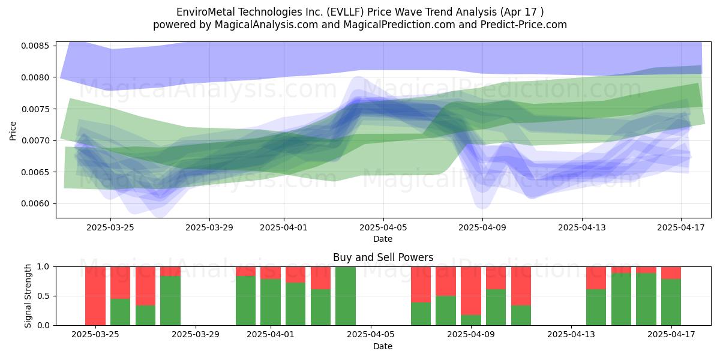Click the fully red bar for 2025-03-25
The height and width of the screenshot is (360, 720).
coord(95,296)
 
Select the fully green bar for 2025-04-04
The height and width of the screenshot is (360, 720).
coord(346,296)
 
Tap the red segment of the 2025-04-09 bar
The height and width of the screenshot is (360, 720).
coord(471,291)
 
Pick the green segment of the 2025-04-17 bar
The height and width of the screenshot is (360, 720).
coord(671,302)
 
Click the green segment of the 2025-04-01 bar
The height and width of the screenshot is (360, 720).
coord(271,302)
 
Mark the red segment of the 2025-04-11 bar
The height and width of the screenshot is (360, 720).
coord(521,286)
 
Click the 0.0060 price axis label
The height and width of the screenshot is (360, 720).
coord(35,203)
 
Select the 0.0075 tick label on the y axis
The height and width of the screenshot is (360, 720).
coord(35,109)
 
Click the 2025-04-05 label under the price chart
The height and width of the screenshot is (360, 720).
coord(383,227)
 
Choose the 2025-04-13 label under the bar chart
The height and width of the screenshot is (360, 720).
coord(571,335)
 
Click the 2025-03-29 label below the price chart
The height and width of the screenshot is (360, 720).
coord(209,227)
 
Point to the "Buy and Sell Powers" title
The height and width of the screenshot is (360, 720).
coord(383,257)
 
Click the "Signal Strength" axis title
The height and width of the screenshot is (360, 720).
coord(28,296)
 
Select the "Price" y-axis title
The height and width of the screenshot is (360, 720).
coord(13,131)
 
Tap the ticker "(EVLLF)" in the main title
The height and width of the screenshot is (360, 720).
coord(346,12)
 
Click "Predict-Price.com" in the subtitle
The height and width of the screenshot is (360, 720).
coord(524,25)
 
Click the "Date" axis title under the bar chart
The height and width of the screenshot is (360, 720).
coord(383,346)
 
